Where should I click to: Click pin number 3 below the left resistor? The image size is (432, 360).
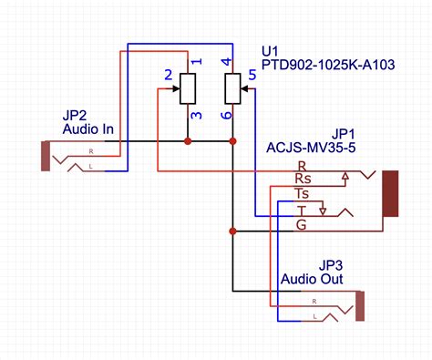click(194, 115)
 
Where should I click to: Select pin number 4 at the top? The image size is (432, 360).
click(226, 62)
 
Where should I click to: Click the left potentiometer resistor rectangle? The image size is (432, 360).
click(188, 88)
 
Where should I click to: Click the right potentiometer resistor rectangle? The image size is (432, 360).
click(233, 88)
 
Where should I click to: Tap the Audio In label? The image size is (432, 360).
click(87, 129)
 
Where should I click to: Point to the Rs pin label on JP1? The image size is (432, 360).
click(303, 179)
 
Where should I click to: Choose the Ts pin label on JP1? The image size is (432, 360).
click(303, 194)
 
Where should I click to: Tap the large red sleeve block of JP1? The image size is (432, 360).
click(391, 193)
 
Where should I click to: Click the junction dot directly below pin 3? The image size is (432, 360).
click(188, 141)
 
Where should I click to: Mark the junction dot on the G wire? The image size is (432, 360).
click(233, 231)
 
